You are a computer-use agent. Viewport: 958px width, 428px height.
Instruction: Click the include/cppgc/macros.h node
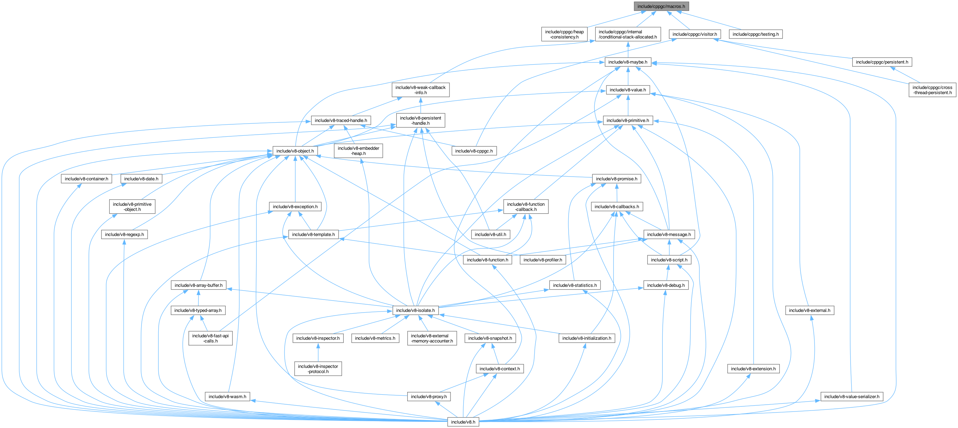[x=661, y=6]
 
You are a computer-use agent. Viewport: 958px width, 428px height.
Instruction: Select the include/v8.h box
[x=463, y=422]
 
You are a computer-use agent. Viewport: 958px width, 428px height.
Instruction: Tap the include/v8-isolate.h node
[x=415, y=311]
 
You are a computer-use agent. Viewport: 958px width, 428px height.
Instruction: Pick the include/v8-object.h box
[x=295, y=151]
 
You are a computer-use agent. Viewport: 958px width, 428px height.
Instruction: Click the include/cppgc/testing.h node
[x=755, y=34]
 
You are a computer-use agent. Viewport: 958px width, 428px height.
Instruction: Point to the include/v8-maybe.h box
[x=627, y=62]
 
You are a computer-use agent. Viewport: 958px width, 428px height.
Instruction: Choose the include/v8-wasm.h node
[x=227, y=397]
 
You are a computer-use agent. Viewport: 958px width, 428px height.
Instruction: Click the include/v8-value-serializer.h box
[x=852, y=397]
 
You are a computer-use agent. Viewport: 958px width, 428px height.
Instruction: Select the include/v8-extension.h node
[x=753, y=369]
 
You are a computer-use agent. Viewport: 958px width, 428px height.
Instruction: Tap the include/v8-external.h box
[x=809, y=311]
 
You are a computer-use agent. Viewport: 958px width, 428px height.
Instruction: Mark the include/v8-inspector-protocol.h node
[x=318, y=369]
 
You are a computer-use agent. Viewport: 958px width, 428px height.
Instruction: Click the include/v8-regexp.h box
[x=124, y=235]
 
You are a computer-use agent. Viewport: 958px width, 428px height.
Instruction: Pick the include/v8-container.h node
[x=86, y=179]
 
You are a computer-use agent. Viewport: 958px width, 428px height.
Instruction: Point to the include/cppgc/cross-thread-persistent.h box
[x=932, y=90]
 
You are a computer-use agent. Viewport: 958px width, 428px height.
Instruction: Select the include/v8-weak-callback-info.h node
[x=420, y=90]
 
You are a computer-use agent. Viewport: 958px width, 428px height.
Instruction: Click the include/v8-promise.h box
[x=616, y=179]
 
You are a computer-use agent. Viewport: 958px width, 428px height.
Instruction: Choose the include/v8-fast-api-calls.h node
[x=210, y=338]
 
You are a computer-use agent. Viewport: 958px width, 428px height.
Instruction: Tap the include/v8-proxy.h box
[x=429, y=397]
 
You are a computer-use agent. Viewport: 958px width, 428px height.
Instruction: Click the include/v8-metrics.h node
[x=375, y=338]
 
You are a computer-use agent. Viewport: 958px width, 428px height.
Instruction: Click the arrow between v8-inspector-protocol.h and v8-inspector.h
[x=318, y=353]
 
